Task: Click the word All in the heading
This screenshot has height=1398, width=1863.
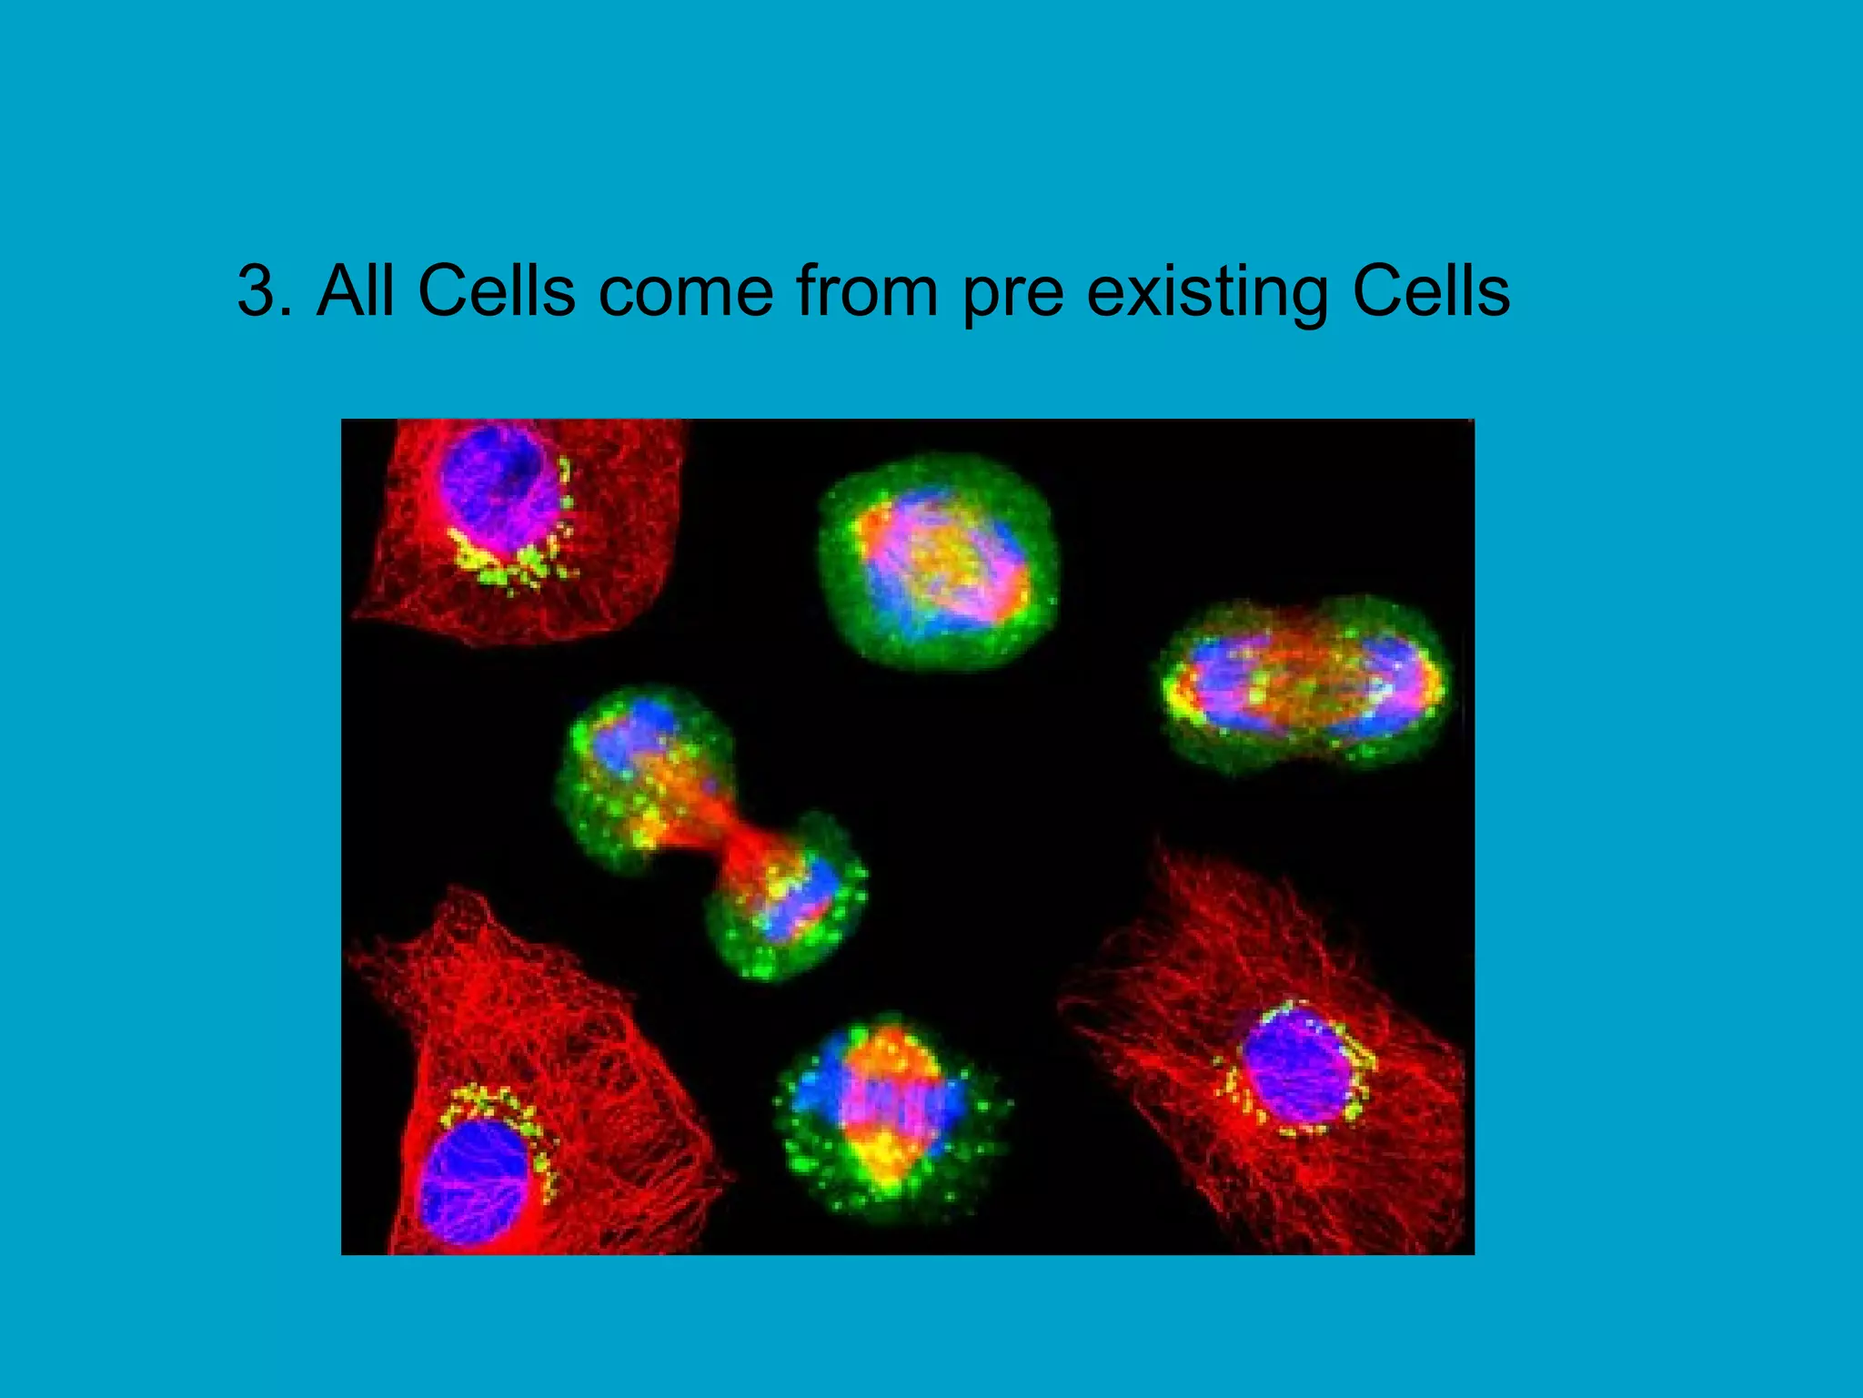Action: (x=356, y=291)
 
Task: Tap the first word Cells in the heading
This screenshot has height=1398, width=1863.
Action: (x=496, y=291)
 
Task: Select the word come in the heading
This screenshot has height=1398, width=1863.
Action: (x=686, y=293)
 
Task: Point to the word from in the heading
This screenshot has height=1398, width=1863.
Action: (x=866, y=291)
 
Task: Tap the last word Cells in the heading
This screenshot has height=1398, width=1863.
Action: (x=1430, y=291)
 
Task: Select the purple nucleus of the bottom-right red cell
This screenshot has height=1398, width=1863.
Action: (x=1296, y=1065)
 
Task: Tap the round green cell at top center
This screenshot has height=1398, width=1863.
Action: (x=939, y=560)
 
